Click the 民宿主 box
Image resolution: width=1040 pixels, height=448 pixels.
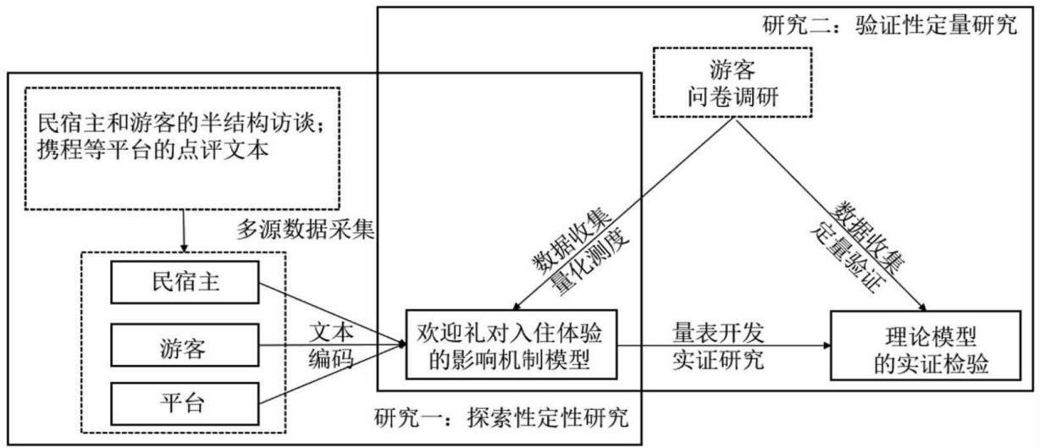click(185, 282)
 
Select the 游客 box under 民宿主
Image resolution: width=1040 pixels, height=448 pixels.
click(185, 346)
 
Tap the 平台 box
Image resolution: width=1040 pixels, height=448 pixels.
click(185, 404)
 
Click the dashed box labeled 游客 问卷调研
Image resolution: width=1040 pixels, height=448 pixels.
click(733, 82)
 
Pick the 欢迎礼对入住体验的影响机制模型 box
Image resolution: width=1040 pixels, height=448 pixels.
click(512, 345)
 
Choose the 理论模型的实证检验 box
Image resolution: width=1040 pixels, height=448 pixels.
click(926, 346)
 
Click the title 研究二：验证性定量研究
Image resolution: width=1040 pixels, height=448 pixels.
click(889, 25)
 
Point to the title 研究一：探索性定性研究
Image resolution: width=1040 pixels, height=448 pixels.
click(501, 418)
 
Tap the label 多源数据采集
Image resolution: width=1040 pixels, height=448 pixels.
click(306, 230)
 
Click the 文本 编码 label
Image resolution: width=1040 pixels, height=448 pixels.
click(330, 346)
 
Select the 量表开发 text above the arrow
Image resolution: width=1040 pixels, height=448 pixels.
click(718, 333)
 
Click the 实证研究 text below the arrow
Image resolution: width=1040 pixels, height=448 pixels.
click(718, 360)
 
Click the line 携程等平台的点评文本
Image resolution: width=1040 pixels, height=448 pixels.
click(153, 150)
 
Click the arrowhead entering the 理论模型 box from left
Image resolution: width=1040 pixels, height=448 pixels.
click(827, 346)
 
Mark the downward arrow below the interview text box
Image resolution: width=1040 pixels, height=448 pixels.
click(184, 231)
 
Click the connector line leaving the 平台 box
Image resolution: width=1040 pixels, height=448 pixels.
click(333, 373)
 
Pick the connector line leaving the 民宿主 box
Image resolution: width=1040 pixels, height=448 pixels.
click(333, 313)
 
